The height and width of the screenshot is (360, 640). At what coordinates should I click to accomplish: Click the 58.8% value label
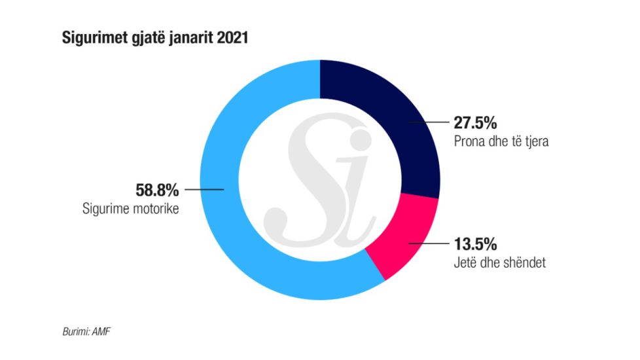click(x=156, y=190)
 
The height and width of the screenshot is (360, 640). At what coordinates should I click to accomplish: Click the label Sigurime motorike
click(x=130, y=209)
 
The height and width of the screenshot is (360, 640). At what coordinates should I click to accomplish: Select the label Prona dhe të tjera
click(x=501, y=141)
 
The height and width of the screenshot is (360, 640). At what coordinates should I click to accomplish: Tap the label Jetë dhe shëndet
click(x=495, y=264)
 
